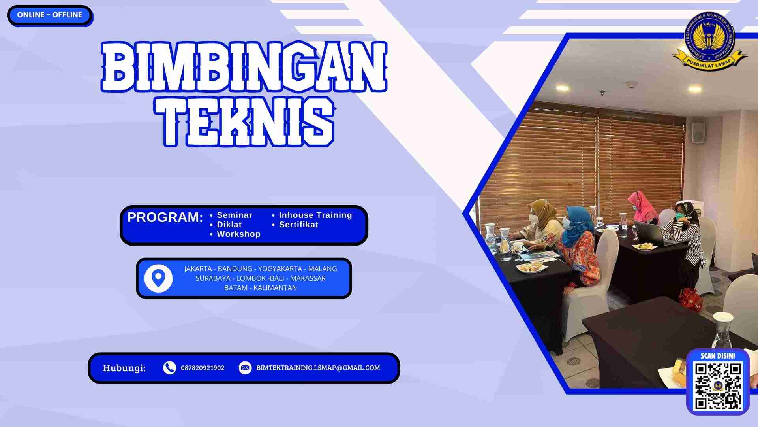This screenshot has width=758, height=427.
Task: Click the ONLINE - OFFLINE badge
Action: tap(49, 15)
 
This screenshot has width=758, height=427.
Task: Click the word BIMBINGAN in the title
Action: tap(244, 67)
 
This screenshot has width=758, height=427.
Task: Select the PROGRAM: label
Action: tap(165, 217)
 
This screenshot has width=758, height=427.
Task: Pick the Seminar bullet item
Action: tap(234, 215)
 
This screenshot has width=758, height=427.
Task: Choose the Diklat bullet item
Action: tap(229, 225)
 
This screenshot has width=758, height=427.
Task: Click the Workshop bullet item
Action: tap(238, 234)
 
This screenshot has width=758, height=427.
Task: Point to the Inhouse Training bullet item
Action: tap(315, 215)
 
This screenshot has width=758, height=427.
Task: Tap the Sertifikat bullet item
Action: tap(298, 225)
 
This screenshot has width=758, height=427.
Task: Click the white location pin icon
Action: tap(158, 278)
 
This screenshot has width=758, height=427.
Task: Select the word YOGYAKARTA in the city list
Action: tap(280, 269)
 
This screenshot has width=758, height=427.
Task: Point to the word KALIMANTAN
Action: tap(275, 288)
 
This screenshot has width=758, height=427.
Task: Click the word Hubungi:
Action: tap(124, 368)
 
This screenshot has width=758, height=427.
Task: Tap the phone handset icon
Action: tap(169, 368)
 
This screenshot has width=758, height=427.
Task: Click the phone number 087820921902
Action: tap(203, 368)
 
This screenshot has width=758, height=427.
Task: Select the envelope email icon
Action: tap(245, 368)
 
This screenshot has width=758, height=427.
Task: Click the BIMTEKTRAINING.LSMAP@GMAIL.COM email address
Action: tap(318, 368)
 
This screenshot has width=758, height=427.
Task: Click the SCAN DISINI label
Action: tap(718, 356)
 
